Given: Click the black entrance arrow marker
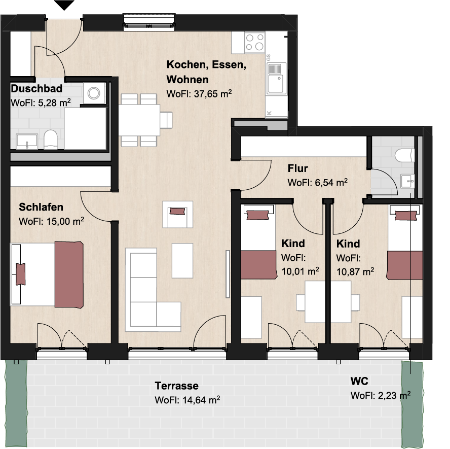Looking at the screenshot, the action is click(x=64, y=5).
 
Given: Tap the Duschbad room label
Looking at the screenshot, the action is click(x=36, y=88).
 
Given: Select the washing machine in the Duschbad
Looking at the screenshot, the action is click(x=94, y=93).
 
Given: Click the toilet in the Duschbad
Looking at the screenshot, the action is click(x=51, y=140).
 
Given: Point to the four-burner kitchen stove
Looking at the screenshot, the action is click(x=254, y=43).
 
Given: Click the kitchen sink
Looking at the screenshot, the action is click(x=276, y=79).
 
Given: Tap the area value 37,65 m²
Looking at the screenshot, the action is click(x=213, y=94).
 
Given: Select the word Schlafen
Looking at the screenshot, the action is click(x=41, y=207).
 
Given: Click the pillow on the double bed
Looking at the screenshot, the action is click(x=20, y=274).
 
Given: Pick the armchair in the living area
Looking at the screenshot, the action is click(x=178, y=214).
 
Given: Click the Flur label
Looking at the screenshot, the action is click(x=298, y=168).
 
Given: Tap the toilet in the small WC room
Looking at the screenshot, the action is click(x=405, y=155).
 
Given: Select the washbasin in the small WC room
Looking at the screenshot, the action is click(x=407, y=181).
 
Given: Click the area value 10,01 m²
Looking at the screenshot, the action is click(x=300, y=271).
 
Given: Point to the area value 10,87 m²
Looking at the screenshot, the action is click(x=355, y=271).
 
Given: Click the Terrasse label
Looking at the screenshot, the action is click(x=176, y=386).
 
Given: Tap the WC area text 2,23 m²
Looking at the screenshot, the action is click(x=394, y=395).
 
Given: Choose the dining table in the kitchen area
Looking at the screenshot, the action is click(x=139, y=120).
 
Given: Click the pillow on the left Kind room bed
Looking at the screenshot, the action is click(x=258, y=215).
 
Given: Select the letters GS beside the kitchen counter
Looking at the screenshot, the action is click(x=269, y=57).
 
